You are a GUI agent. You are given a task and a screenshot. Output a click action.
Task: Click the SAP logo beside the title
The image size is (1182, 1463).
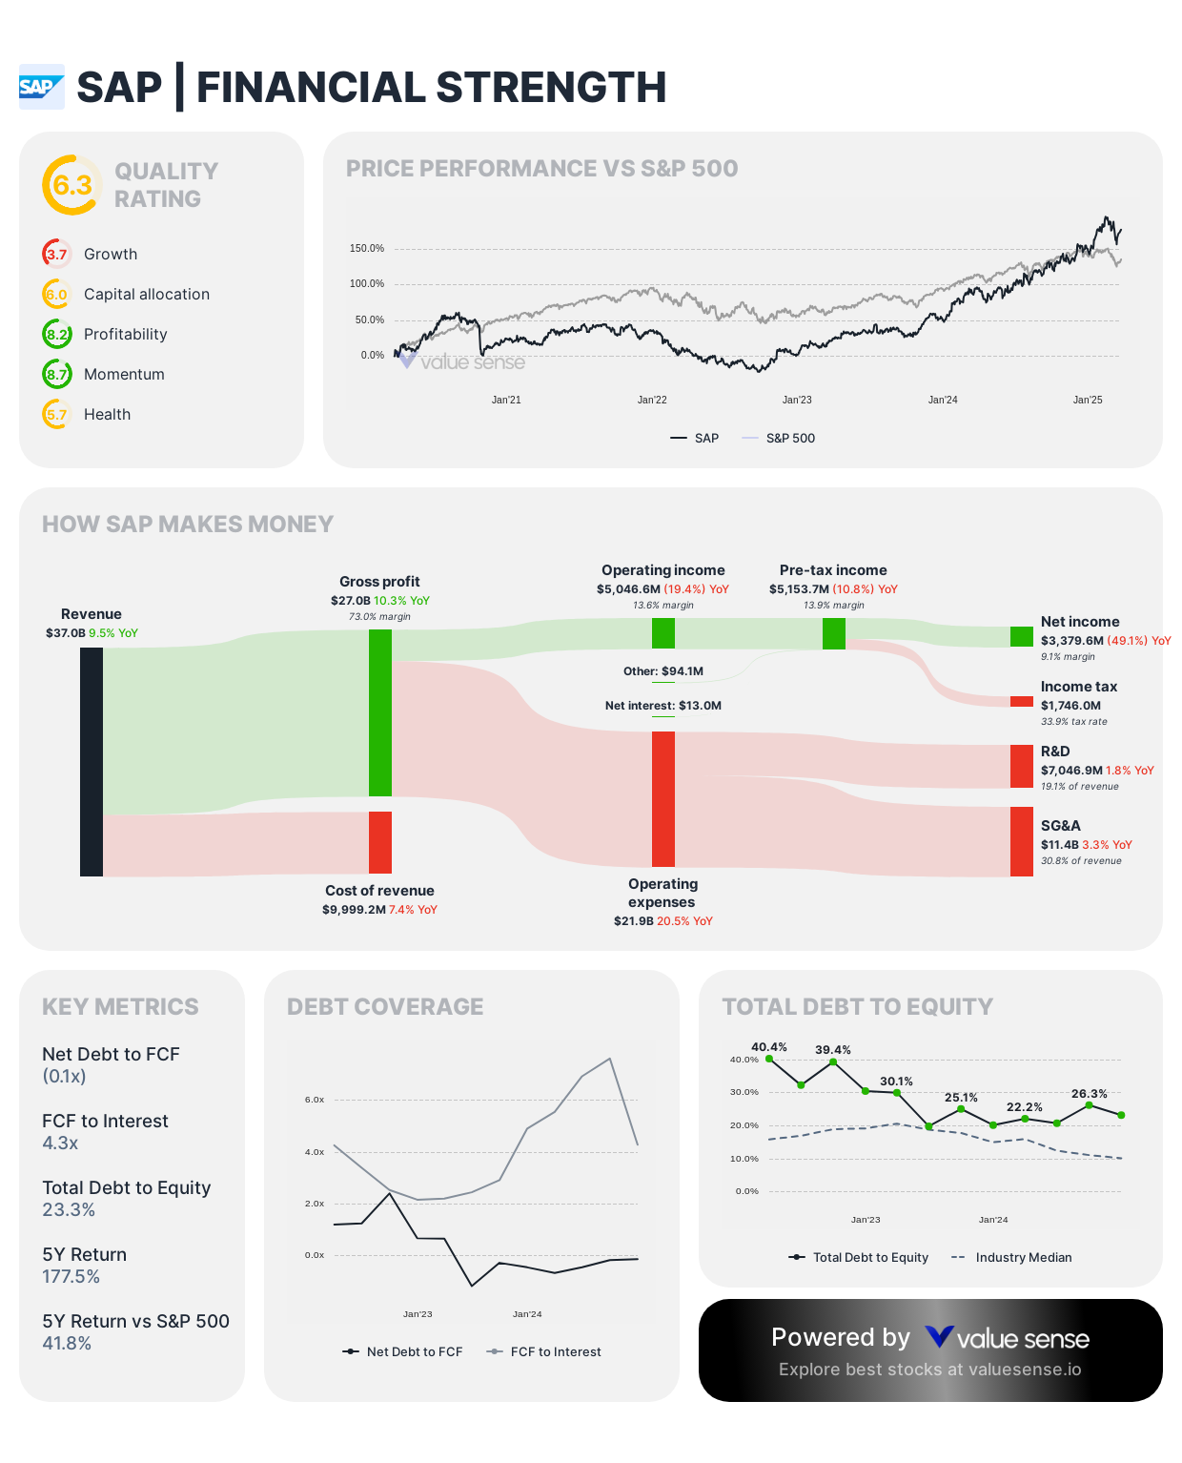click(x=42, y=87)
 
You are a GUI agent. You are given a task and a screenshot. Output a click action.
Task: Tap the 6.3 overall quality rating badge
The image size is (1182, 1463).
click(x=72, y=185)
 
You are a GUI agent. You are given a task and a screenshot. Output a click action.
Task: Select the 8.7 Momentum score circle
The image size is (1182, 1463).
click(x=57, y=374)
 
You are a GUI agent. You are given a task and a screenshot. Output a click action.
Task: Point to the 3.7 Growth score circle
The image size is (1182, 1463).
click(x=57, y=254)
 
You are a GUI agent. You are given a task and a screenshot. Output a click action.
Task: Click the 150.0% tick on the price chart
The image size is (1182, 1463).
click(x=367, y=249)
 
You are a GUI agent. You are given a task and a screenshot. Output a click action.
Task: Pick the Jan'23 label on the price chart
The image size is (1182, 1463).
click(x=797, y=400)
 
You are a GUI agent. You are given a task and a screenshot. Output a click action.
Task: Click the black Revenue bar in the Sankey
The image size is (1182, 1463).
click(x=92, y=761)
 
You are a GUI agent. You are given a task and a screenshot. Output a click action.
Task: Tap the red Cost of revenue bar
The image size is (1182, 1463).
click(x=380, y=842)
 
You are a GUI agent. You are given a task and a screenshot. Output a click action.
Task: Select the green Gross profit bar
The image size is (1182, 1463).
click(x=380, y=712)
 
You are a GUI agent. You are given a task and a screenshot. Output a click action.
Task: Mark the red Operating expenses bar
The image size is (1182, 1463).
click(x=663, y=798)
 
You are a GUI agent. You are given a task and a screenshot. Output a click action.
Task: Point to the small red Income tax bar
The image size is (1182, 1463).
click(x=1021, y=702)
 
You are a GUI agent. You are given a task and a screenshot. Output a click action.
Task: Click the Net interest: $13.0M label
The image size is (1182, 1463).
click(x=663, y=706)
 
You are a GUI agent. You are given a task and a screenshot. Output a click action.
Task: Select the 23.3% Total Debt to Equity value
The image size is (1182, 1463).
click(x=69, y=1209)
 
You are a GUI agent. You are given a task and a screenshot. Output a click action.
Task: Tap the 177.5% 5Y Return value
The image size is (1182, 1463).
click(x=71, y=1276)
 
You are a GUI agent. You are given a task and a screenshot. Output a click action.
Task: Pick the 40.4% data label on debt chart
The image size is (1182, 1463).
click(x=769, y=1047)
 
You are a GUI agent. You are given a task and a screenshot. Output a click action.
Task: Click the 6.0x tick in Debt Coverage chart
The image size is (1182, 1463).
click(x=315, y=1100)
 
